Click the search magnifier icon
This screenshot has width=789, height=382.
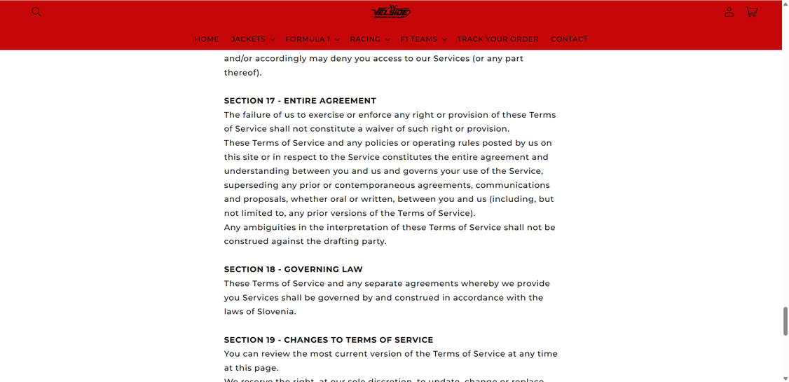36,12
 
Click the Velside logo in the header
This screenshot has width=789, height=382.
391,12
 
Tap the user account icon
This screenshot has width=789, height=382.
729,12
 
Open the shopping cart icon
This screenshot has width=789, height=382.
751,12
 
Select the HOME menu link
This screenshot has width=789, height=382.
207,39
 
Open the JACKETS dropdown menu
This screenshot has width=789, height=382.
252,39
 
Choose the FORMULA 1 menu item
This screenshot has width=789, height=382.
312,39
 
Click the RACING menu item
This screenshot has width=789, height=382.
369,39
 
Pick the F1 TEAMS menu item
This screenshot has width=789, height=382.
423,39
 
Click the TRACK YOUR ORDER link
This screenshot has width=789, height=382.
498,39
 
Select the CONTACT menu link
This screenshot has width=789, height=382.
569,39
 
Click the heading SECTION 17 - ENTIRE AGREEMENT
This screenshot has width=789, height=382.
300,101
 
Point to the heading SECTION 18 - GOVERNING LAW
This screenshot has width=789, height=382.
293,270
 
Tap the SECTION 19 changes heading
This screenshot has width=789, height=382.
329,340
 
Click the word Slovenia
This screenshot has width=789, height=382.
276,312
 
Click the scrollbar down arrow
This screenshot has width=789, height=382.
785,378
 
